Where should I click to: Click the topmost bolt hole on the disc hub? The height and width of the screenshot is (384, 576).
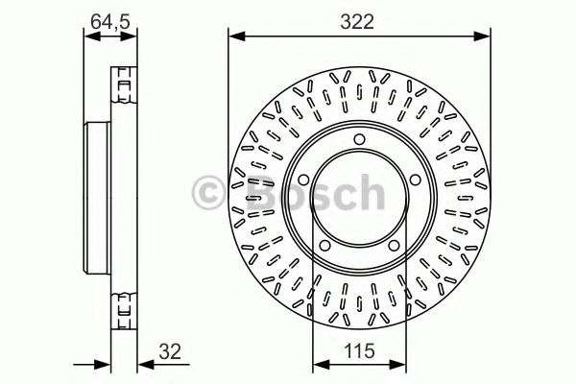pyautogui.click(x=358, y=141)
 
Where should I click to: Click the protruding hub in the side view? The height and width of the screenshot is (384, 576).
pyautogui.click(x=97, y=199)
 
